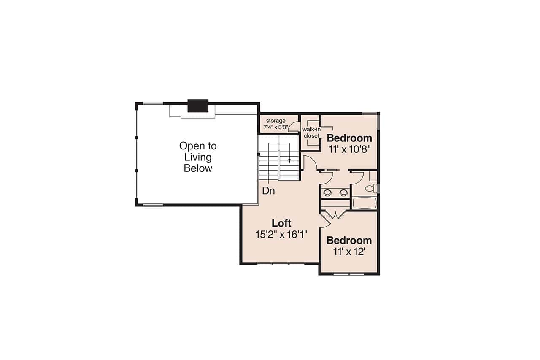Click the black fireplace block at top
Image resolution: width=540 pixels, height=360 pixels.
[198, 106]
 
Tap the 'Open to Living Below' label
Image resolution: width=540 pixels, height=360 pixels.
[198, 157]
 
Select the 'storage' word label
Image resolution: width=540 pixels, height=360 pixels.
[275, 121]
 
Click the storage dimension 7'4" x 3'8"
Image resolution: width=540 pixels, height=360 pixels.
[275, 127]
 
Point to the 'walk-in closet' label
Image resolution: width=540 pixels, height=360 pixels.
[311, 133]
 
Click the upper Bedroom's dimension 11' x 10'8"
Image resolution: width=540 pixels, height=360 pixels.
[350, 149]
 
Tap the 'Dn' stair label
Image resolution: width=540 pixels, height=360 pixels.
[268, 191]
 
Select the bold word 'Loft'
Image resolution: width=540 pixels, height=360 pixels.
[281, 223]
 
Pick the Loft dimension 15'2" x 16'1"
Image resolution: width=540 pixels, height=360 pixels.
[281, 235]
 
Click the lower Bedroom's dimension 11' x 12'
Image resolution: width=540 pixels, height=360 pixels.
[349, 252]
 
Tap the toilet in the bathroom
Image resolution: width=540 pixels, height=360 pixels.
[370, 189]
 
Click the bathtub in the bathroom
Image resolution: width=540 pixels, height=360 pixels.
[364, 203]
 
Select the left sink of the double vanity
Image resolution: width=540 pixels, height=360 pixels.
[327, 193]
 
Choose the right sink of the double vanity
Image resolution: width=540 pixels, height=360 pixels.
[343, 193]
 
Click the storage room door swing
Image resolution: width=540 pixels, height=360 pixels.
[296, 127]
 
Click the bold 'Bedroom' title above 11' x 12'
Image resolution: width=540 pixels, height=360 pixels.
[349, 241]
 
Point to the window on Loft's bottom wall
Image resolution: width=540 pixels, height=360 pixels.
[281, 264]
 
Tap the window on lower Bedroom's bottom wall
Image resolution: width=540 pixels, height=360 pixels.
[349, 274]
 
